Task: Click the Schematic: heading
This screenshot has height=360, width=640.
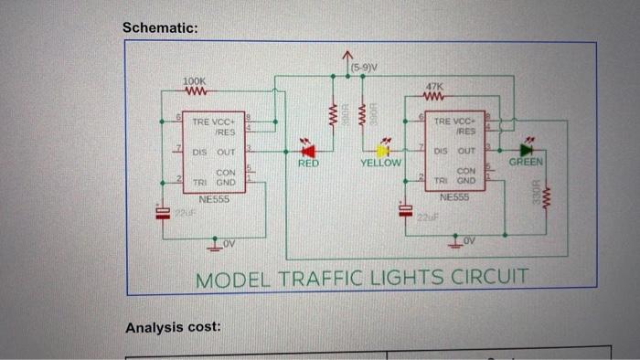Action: pyautogui.click(x=160, y=28)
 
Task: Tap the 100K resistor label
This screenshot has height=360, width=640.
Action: pyautogui.click(x=195, y=80)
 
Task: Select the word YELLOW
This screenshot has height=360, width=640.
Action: pyautogui.click(x=380, y=164)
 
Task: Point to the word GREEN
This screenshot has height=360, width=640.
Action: pyautogui.click(x=527, y=163)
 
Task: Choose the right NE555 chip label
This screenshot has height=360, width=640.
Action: pyautogui.click(x=453, y=196)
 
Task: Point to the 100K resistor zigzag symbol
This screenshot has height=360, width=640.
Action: pyautogui.click(x=195, y=91)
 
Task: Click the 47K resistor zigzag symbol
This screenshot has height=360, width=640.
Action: pyautogui.click(x=435, y=93)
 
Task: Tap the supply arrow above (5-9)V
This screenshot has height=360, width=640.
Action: pyautogui.click(x=348, y=57)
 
